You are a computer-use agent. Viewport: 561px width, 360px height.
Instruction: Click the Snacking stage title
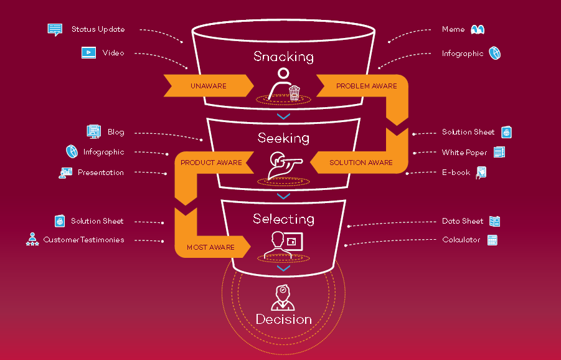[x=283, y=57]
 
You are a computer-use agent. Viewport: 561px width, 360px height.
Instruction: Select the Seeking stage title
[x=283, y=138]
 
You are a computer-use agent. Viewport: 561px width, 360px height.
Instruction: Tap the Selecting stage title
[x=283, y=219]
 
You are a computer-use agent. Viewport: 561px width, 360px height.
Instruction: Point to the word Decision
[x=283, y=320]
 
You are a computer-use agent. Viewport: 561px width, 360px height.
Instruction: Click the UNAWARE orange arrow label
[x=209, y=86]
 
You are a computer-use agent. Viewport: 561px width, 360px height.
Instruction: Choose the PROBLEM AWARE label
[x=366, y=86]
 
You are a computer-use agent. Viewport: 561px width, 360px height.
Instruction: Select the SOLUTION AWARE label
[x=361, y=163]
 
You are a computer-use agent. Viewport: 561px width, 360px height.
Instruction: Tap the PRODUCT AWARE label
[x=211, y=163]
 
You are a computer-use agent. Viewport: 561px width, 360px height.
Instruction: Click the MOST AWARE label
[x=210, y=247]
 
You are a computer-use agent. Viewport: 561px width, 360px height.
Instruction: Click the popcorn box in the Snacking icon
[x=295, y=93]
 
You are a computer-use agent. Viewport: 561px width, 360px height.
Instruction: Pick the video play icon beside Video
[x=88, y=53]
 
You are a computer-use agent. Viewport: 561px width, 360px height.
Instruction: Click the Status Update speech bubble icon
[x=55, y=29]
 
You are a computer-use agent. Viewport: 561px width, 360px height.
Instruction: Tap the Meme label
[x=453, y=29]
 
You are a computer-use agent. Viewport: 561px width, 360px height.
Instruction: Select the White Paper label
[x=464, y=153]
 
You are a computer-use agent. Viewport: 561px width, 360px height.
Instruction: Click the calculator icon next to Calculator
[x=493, y=240]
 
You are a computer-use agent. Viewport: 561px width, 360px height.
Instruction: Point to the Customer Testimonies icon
[x=32, y=240]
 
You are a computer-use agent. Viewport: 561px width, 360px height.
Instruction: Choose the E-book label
[x=456, y=173]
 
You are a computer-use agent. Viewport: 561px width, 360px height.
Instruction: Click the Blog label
[x=116, y=132]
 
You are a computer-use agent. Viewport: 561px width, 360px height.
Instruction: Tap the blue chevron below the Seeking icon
[x=283, y=196]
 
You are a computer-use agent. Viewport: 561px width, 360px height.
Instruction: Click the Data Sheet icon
[x=494, y=221]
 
